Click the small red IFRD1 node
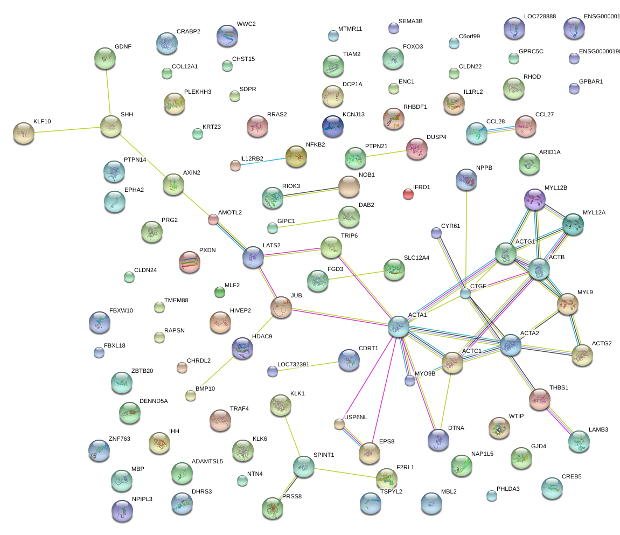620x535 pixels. coord(408,194)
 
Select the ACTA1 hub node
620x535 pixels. coord(399,326)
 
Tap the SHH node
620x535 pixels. coord(110,127)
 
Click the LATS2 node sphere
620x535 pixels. coord(253,258)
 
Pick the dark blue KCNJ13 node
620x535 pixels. coord(332,126)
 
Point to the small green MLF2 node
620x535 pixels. coord(219,292)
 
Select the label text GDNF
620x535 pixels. coord(123,46)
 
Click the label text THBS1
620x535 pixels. coord(559,387)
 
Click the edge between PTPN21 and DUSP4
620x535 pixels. coord(386,153)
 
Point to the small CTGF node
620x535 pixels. coord(465,293)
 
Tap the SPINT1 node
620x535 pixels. coord(303,467)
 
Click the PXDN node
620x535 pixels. coord(189,262)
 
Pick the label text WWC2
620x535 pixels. coord(246,24)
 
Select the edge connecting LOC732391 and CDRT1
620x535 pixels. coord(308,366)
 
